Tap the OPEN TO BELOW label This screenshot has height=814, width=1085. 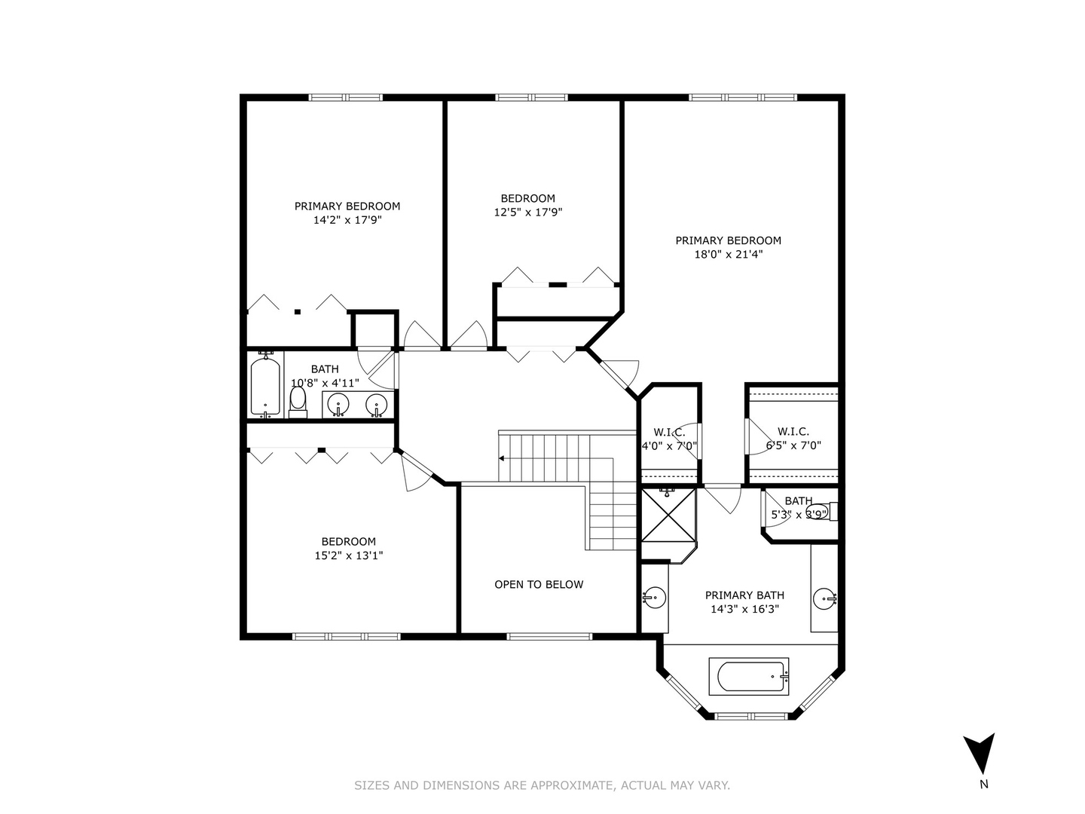(x=539, y=584)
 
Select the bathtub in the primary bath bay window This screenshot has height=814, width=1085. (x=748, y=676)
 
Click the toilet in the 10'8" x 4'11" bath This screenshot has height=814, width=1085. (x=298, y=402)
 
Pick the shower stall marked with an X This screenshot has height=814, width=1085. (x=668, y=515)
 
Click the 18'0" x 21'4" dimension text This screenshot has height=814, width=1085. (x=728, y=255)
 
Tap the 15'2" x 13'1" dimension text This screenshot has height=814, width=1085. (x=349, y=555)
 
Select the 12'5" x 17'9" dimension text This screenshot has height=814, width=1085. (x=528, y=213)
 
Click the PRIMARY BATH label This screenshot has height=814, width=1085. (x=744, y=595)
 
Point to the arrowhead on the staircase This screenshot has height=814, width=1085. (x=501, y=458)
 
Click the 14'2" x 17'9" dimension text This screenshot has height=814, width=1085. (x=347, y=220)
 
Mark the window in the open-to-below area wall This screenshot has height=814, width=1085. (x=549, y=637)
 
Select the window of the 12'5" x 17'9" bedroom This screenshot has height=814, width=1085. (x=531, y=97)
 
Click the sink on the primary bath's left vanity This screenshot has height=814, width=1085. (x=655, y=598)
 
